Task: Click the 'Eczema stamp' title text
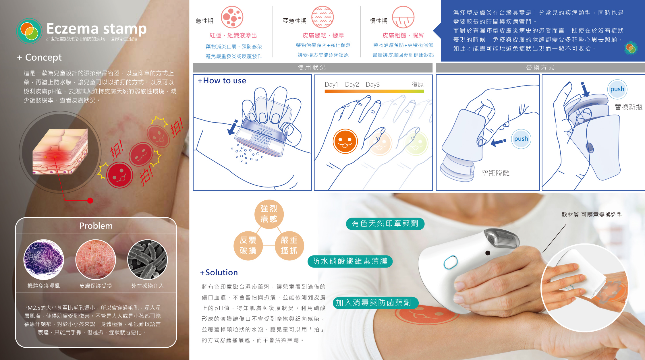96,28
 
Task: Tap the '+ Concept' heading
39,57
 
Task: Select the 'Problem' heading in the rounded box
96,226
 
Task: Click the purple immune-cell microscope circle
44,260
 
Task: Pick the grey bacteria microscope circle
148,260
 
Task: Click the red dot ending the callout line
90,201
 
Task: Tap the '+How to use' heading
222,81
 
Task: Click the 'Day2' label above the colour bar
352,84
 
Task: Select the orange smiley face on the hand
345,141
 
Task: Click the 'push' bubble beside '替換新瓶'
617,89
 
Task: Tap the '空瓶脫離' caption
495,173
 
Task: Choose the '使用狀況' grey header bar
313,68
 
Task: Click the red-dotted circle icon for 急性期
232,17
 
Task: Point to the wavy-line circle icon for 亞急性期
323,17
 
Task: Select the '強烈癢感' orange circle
269,214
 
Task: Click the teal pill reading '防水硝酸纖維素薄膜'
350,261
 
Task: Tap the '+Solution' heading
219,272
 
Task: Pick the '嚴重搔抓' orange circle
289,246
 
